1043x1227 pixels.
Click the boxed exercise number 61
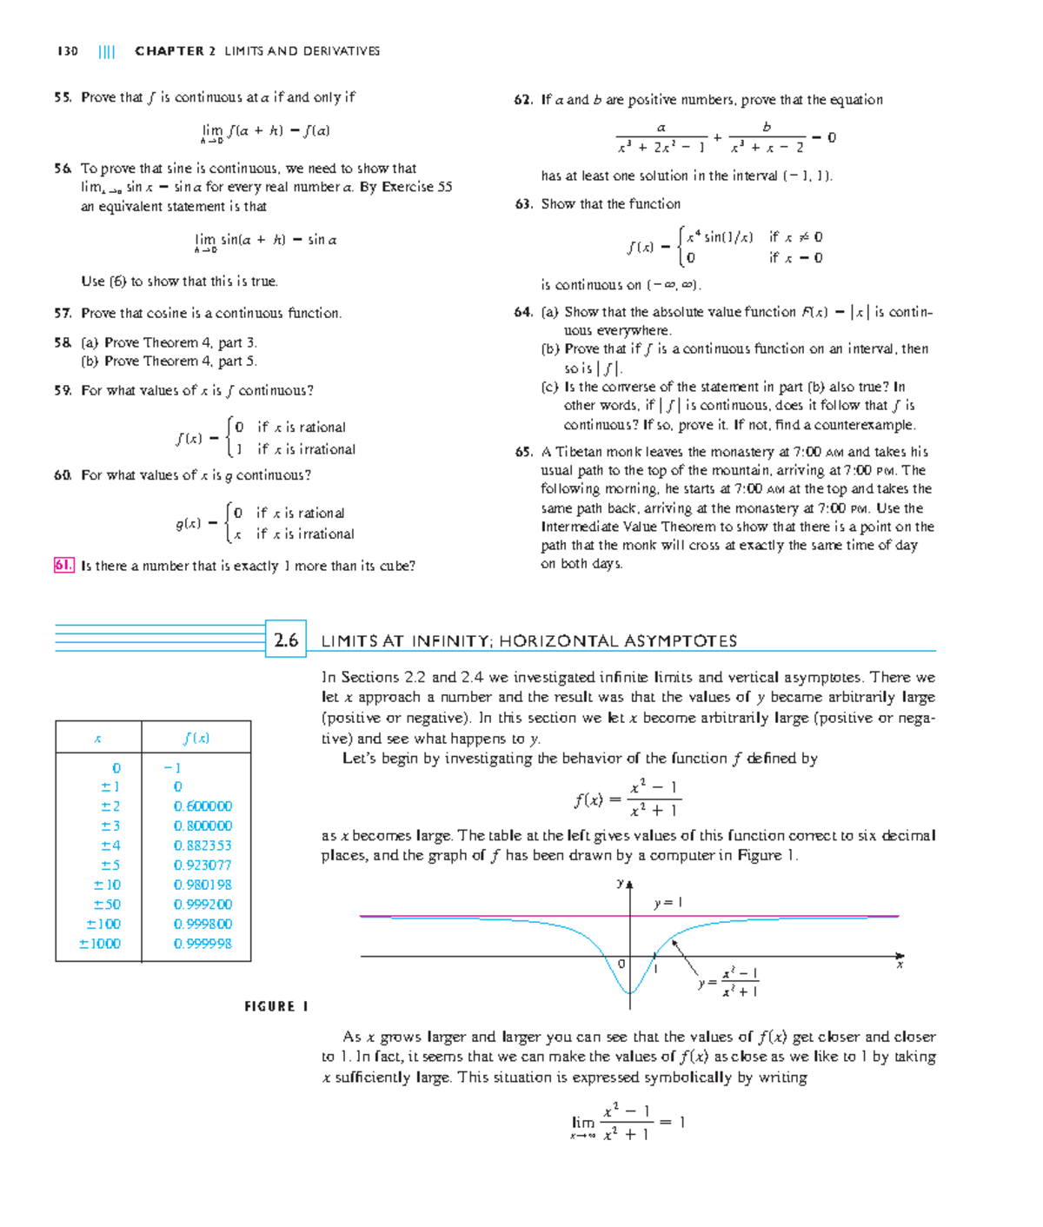(63, 566)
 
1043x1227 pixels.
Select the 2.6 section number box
(286, 640)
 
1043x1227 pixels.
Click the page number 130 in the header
(67, 51)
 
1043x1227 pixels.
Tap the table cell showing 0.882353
(203, 846)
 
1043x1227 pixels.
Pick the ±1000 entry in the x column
(100, 944)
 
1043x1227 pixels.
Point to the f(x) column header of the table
(196, 739)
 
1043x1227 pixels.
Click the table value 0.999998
(203, 944)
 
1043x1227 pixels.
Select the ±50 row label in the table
(107, 905)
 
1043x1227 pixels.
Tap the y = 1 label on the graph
(668, 903)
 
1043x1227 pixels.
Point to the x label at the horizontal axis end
(900, 965)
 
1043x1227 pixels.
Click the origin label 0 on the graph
(621, 964)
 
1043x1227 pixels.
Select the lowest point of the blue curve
(629, 993)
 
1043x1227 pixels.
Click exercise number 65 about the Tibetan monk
(523, 452)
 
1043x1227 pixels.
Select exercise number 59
(63, 391)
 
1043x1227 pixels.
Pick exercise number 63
(523, 204)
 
